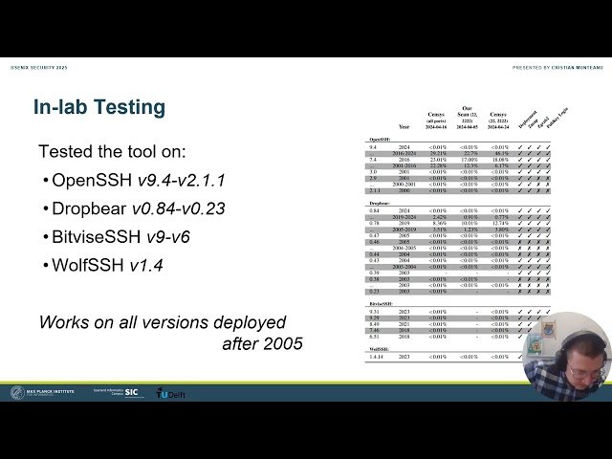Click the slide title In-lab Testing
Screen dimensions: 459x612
click(99, 107)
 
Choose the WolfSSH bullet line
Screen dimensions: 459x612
click(107, 263)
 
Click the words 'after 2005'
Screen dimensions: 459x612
click(262, 342)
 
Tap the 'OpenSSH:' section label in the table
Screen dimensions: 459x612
click(380, 139)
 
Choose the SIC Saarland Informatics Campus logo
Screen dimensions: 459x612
click(120, 393)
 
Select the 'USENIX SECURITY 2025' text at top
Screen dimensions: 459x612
click(37, 68)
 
